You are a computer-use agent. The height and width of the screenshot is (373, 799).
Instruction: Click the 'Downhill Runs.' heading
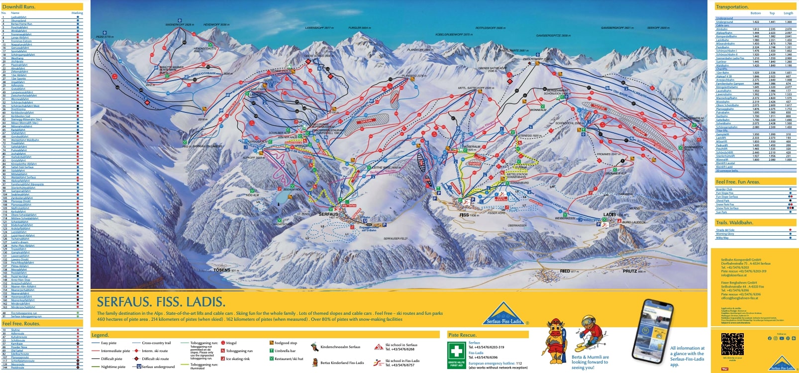click(x=19, y=7)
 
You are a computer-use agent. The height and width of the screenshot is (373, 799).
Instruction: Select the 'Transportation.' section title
click(x=732, y=7)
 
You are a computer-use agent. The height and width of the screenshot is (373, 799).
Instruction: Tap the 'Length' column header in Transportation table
click(x=788, y=13)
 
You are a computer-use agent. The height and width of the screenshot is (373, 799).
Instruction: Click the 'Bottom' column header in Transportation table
click(x=756, y=13)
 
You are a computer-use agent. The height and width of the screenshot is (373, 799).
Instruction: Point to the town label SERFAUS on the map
click(x=328, y=214)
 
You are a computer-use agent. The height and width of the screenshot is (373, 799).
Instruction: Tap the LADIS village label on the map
click(x=609, y=214)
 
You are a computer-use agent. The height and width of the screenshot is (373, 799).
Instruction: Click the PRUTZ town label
click(x=630, y=271)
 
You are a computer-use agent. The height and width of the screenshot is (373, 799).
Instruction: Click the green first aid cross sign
click(x=456, y=353)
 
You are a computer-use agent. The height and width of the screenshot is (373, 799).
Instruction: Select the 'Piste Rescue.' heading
click(x=462, y=335)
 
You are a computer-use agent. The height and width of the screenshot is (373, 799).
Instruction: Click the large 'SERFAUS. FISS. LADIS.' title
click(x=161, y=302)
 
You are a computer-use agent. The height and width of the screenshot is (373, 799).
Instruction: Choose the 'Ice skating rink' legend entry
click(x=238, y=359)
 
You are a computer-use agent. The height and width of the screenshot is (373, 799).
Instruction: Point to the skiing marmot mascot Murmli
click(x=591, y=338)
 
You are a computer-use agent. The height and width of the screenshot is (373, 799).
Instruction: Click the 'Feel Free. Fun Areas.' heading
click(x=737, y=182)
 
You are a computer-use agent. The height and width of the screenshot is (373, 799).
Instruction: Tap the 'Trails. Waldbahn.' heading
click(x=734, y=223)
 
